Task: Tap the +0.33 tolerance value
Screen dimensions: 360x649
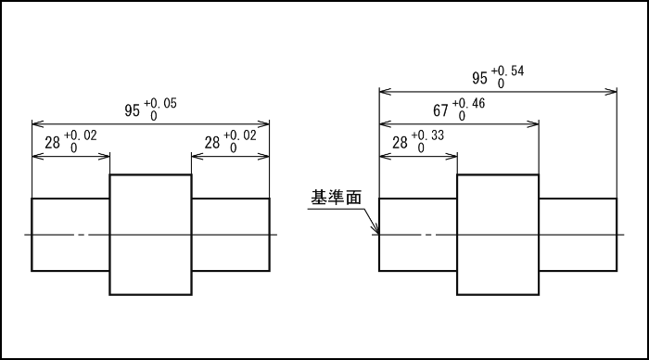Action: tap(432, 135)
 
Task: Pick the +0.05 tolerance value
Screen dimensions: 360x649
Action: tap(163, 102)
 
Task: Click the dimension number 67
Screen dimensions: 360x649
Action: tap(441, 110)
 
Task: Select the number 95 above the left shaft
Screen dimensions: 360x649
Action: tap(133, 110)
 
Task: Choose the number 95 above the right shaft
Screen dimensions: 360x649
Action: tap(480, 79)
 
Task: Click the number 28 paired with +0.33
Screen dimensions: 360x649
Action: tap(401, 143)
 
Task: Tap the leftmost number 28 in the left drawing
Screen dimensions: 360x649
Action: tap(53, 143)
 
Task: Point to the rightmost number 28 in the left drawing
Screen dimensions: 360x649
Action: tap(212, 143)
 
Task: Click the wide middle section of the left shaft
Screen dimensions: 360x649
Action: tap(150, 235)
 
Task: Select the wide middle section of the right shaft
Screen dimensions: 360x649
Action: tap(498, 235)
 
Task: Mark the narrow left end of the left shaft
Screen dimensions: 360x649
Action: tap(70, 235)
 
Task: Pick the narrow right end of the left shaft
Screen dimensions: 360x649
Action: tap(230, 235)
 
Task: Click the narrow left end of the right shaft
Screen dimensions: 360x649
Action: tap(418, 235)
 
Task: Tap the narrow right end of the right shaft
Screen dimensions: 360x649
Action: tap(578, 235)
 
